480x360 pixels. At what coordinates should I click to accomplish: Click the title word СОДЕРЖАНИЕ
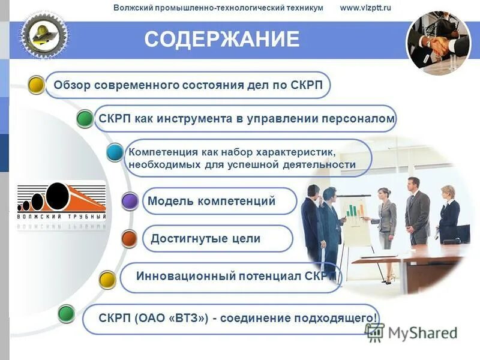pyautogui.click(x=221, y=40)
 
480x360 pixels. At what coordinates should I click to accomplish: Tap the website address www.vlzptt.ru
pyautogui.click(x=365, y=8)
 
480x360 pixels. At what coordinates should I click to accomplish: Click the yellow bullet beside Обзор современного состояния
pyautogui.click(x=37, y=85)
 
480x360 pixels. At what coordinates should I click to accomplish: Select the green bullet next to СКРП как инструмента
pyautogui.click(x=85, y=119)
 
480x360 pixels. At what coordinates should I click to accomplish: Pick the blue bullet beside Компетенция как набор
pyautogui.click(x=115, y=152)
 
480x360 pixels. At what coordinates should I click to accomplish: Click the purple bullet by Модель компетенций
pyautogui.click(x=130, y=202)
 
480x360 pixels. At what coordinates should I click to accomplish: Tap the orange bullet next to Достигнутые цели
pyautogui.click(x=130, y=239)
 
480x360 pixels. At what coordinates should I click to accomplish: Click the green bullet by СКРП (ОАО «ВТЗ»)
pyautogui.click(x=66, y=313)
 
